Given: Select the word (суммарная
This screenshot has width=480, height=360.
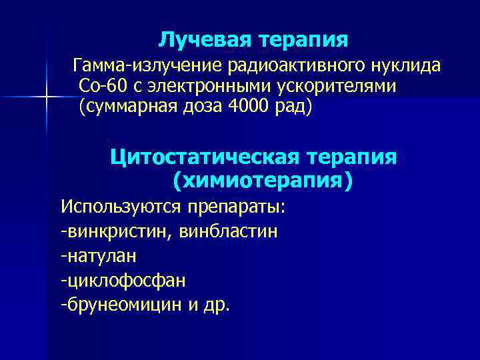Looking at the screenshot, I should click(127, 107).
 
